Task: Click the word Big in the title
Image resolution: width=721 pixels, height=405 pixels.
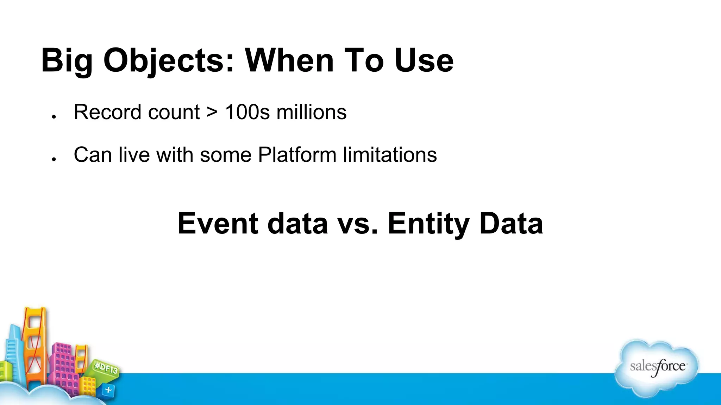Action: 67,60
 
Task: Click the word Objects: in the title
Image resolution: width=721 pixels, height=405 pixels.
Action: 169,60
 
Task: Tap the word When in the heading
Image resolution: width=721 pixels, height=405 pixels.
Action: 289,60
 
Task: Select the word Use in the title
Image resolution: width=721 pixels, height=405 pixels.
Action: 424,60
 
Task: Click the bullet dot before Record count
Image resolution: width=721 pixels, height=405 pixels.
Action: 54,117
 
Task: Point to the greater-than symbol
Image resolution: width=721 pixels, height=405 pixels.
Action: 212,112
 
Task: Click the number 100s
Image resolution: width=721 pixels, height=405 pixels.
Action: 247,112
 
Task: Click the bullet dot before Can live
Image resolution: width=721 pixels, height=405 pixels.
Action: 54,159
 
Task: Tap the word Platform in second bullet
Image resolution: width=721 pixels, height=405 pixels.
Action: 297,155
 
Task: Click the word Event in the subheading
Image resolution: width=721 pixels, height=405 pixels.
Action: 217,224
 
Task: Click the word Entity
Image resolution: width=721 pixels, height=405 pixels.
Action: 428,224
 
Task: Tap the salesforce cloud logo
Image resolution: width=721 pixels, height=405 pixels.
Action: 657,367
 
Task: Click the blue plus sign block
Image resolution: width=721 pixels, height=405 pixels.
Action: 108,390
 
